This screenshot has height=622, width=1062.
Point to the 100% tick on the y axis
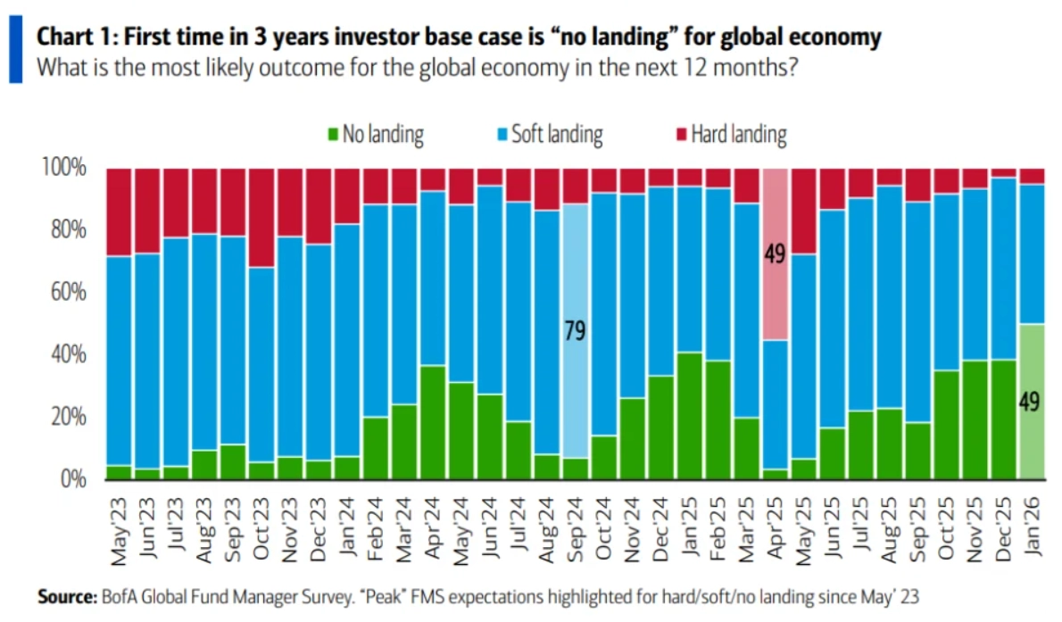(x=65, y=168)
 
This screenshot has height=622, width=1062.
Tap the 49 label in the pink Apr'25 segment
(x=774, y=254)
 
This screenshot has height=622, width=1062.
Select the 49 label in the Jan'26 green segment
(x=1031, y=402)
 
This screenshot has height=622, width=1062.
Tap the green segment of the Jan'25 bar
(x=689, y=416)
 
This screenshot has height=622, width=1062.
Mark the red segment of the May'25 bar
(x=803, y=211)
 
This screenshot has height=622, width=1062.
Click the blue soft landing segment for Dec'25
(x=1004, y=268)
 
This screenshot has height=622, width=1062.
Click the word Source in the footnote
(x=65, y=594)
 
